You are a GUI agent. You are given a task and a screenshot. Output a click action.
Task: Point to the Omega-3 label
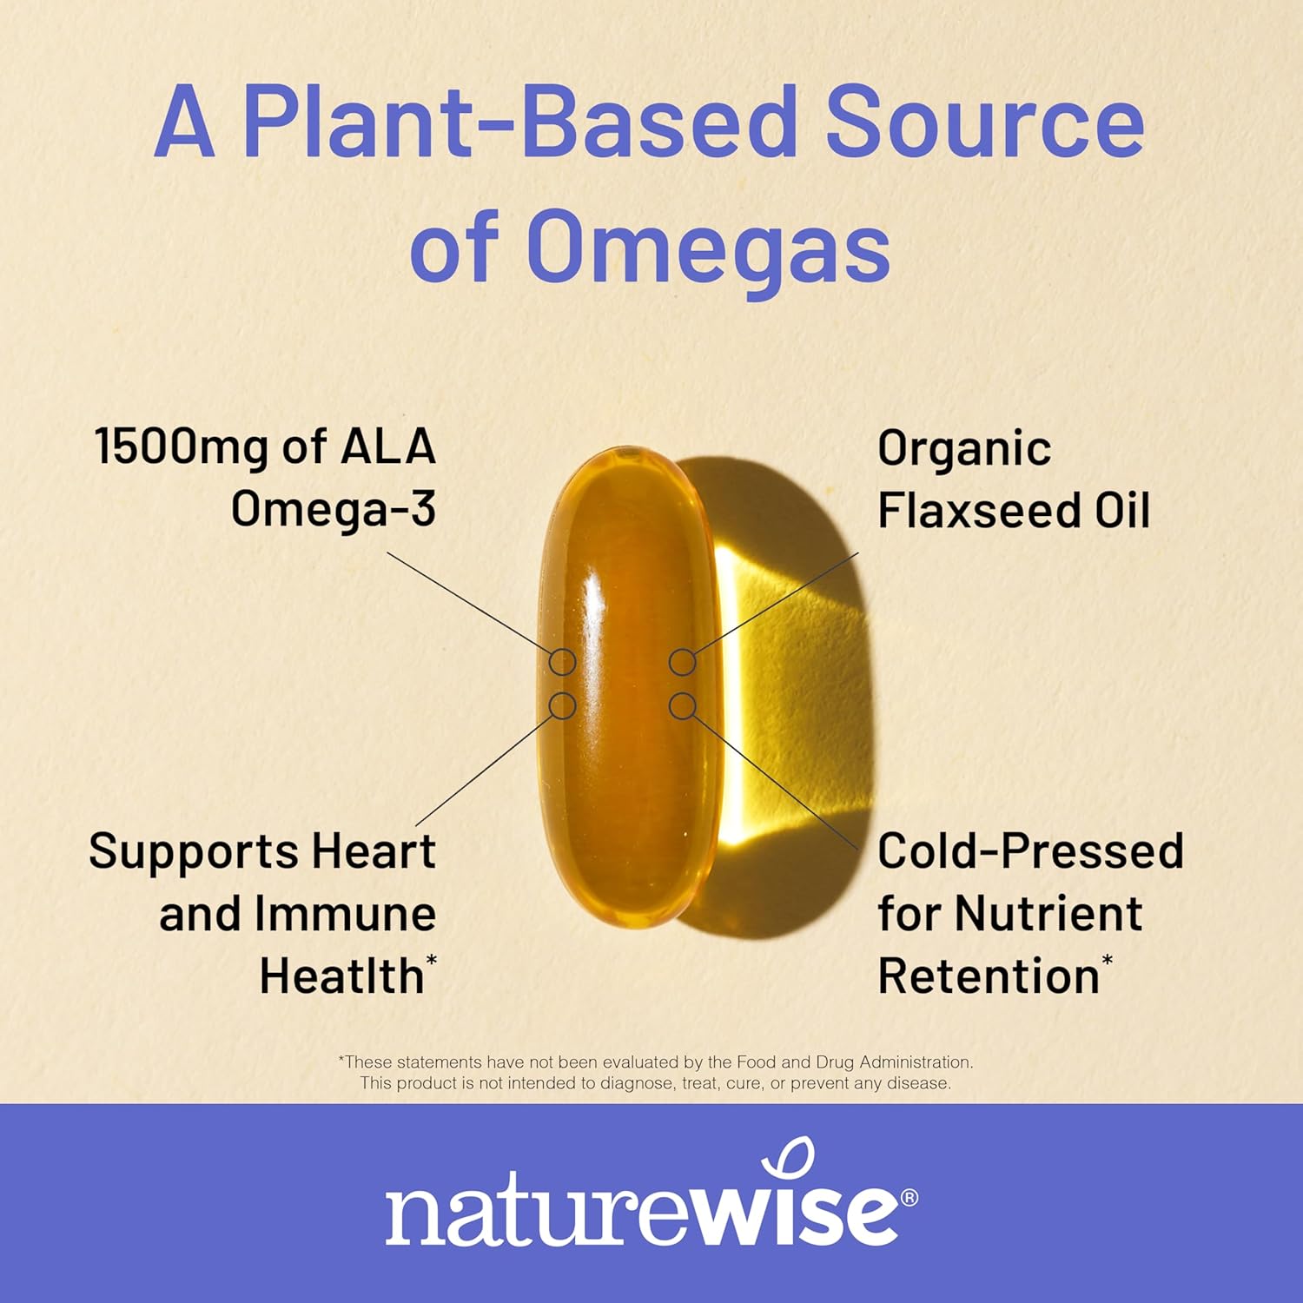tap(334, 509)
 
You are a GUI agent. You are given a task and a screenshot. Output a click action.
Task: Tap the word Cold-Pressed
tap(1030, 850)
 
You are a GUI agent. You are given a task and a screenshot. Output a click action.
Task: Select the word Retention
tap(989, 976)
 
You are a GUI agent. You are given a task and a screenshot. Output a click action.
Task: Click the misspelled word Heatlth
tap(341, 976)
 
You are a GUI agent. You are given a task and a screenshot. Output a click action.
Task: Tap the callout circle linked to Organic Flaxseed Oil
tap(683, 662)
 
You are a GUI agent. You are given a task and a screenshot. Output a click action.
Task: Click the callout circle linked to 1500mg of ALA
tap(563, 662)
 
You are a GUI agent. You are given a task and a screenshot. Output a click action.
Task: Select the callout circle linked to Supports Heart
tap(563, 705)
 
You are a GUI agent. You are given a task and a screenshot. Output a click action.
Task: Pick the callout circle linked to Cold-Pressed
tap(683, 705)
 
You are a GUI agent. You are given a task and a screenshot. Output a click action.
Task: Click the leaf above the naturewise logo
tap(793, 1160)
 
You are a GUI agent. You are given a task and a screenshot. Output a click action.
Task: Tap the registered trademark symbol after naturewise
tap(909, 1197)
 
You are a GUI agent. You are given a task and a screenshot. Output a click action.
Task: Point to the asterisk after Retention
tap(1107, 960)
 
